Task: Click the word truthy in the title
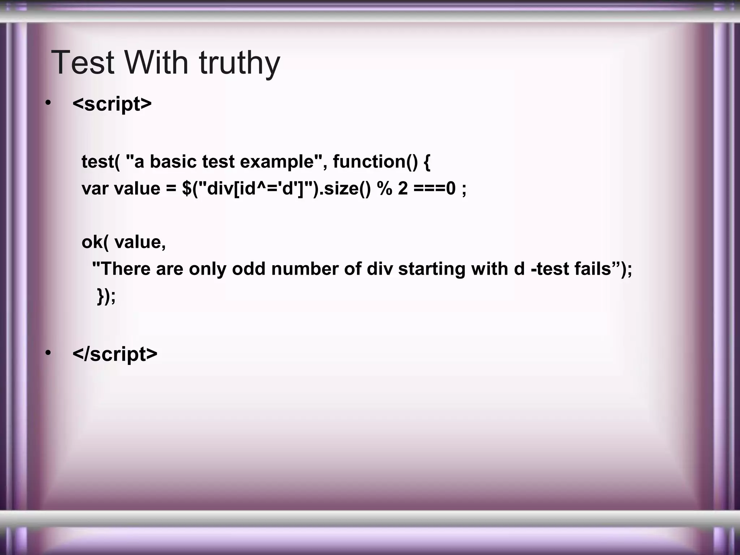coord(239,63)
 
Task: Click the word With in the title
coord(156,63)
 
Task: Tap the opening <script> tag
coord(112,104)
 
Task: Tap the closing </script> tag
coord(115,354)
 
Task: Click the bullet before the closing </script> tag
coord(48,353)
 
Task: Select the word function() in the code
coord(375,161)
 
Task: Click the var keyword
coord(95,189)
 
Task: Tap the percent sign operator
coord(384,189)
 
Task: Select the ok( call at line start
coord(95,242)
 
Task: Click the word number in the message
coord(305,269)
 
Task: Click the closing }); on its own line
coord(107,296)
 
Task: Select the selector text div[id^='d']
coord(257,189)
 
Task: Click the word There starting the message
coord(124,269)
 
